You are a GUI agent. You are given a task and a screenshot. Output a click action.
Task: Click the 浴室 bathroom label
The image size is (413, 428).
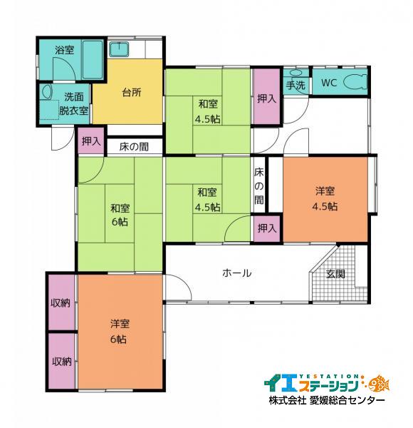65,50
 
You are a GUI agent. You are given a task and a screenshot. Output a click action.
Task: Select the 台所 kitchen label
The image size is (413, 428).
131,93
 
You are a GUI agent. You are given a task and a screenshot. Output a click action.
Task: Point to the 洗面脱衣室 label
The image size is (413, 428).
74,103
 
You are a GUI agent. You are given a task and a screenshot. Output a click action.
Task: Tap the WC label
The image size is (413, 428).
329,83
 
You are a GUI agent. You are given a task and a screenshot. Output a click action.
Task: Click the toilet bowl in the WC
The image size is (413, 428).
354,83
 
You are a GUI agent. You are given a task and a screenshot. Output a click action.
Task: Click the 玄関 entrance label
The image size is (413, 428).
336,273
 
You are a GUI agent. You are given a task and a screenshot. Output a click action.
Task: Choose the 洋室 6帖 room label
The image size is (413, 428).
119,331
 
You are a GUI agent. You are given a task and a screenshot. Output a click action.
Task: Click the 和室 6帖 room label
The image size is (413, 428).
120,215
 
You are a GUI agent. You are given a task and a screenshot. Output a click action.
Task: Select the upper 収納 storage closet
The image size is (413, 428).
61,302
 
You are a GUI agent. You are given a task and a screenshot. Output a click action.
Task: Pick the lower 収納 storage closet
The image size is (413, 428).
61,361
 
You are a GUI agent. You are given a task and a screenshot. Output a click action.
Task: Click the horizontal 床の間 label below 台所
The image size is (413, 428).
134,148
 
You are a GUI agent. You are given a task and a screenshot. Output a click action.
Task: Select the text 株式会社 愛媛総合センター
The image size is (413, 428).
327,401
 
